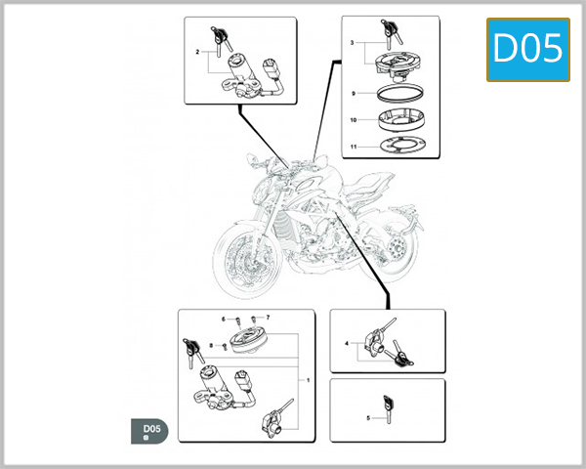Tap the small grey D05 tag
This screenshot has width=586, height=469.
[x=150, y=431]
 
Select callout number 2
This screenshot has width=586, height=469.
[x=197, y=52]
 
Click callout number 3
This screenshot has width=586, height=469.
[x=353, y=45]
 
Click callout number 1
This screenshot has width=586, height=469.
[x=309, y=379]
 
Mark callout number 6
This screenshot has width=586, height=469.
[x=223, y=319]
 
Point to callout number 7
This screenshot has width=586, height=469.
[x=267, y=318]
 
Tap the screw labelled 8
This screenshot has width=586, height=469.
[x=224, y=346]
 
